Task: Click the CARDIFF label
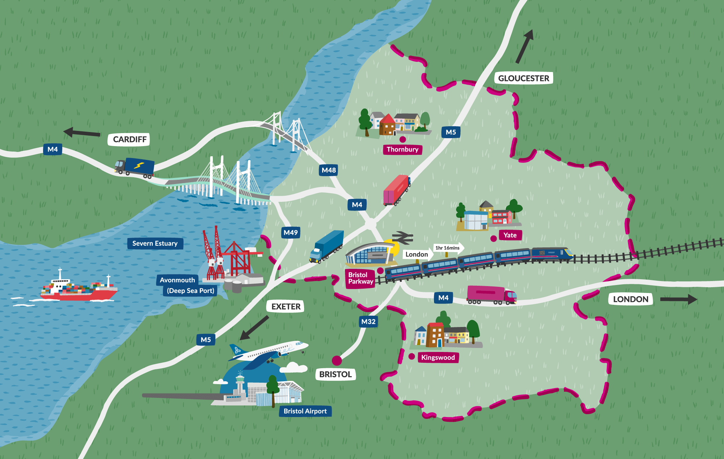[129, 139]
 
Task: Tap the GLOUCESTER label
[523, 78]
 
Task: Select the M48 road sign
[328, 170]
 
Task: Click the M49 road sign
[291, 233]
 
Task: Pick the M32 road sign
[368, 322]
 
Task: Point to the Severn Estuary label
[155, 243]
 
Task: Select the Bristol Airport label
[305, 411]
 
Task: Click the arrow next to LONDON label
[678, 299]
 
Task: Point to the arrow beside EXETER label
[254, 328]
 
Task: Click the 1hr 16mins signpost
[448, 248]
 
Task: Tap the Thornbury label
[402, 149]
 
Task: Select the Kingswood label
[438, 357]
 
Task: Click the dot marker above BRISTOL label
[337, 360]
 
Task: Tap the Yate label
[510, 235]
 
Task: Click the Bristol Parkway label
[360, 278]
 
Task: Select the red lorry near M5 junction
[397, 190]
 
